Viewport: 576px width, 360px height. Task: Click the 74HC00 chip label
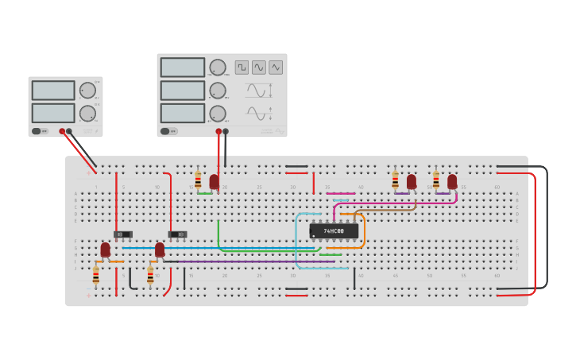coord(334,231)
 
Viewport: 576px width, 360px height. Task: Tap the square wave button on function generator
coord(242,68)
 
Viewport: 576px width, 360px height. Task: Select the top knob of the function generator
coord(217,67)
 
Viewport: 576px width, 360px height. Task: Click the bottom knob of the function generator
coord(217,113)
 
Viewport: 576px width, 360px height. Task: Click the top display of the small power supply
coord(53,90)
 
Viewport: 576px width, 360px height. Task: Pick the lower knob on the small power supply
coord(87,113)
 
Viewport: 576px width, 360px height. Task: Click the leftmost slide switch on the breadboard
coord(122,234)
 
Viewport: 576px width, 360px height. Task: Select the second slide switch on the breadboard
coord(177,234)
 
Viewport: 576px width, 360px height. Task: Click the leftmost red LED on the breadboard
coord(105,250)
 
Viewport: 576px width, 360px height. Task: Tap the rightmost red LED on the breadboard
coord(452,182)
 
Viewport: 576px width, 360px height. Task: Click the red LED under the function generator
coord(214,182)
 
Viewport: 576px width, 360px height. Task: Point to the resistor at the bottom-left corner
coord(96,275)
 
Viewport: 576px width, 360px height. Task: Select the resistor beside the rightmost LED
coord(435,180)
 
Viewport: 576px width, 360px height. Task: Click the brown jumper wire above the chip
coord(385,210)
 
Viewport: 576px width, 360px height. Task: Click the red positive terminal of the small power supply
coord(62,131)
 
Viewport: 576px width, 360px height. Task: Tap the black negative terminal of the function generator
coord(226,131)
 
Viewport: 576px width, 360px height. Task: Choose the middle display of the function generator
coord(183,91)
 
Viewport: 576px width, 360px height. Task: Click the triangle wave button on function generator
coord(276,68)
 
